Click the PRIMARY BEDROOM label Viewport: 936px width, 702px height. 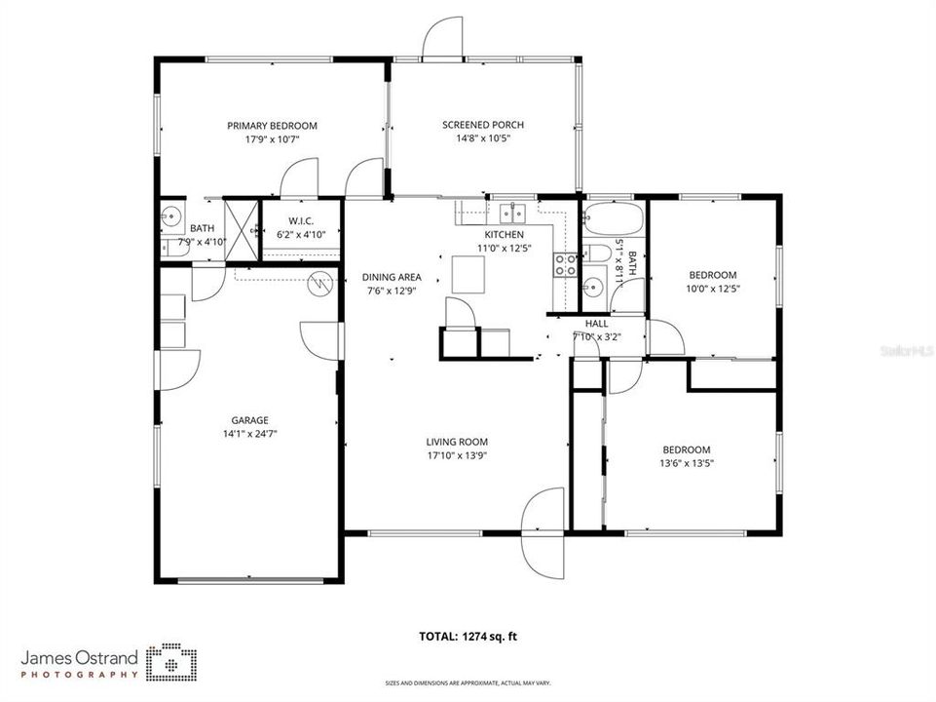point(272,126)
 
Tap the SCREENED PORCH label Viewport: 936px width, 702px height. point(483,125)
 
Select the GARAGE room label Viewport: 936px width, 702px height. point(250,420)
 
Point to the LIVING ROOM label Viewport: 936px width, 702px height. point(457,442)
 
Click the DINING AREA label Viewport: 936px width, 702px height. point(392,277)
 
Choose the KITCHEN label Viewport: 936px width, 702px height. point(505,235)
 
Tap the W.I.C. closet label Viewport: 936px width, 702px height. point(301,220)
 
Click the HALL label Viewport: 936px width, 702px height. point(596,324)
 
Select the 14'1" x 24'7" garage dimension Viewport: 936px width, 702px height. point(250,434)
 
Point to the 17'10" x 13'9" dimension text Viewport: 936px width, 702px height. point(457,455)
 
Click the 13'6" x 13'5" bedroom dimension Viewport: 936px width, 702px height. point(687,463)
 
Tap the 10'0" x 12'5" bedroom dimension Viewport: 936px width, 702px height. point(713,289)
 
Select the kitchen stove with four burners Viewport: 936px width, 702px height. point(564,264)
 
